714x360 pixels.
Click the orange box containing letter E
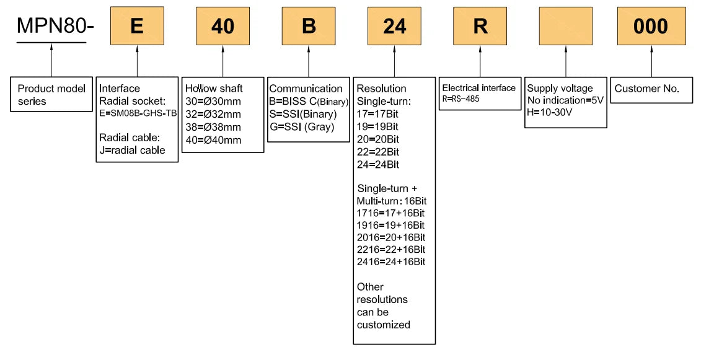point(137,26)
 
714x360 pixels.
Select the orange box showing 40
point(223,26)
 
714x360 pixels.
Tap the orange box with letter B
point(309,26)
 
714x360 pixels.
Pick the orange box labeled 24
point(394,26)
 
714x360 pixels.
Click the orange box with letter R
point(480,26)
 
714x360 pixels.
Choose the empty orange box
point(566,26)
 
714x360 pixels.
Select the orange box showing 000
point(651,26)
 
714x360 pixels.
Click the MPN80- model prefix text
point(55,26)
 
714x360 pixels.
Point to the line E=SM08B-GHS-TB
point(138,113)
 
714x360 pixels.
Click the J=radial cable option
point(133,150)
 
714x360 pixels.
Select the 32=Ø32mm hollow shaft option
point(213,114)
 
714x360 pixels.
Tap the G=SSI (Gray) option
point(302,127)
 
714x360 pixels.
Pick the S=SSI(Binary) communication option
point(303,114)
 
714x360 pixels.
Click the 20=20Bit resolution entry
point(378,139)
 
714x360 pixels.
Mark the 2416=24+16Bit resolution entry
point(391,261)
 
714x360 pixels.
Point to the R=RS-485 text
point(461,99)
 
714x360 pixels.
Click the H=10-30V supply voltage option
point(550,112)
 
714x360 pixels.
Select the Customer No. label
point(646,89)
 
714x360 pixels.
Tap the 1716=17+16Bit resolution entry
point(390,213)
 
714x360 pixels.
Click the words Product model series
point(51,95)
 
